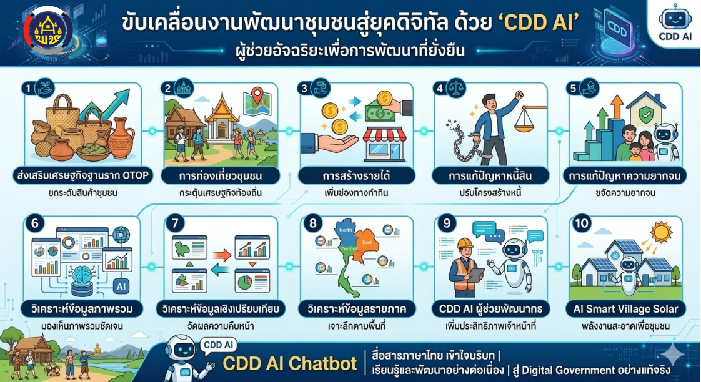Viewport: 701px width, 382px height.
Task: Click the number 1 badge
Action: coord(27,89)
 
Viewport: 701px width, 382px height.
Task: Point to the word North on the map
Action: coord(346,230)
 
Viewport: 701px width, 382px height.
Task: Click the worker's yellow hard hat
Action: coord(465,243)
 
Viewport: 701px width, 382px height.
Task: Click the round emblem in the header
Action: coord(48,30)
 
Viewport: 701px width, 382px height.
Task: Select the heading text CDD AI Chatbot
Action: coord(288,363)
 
